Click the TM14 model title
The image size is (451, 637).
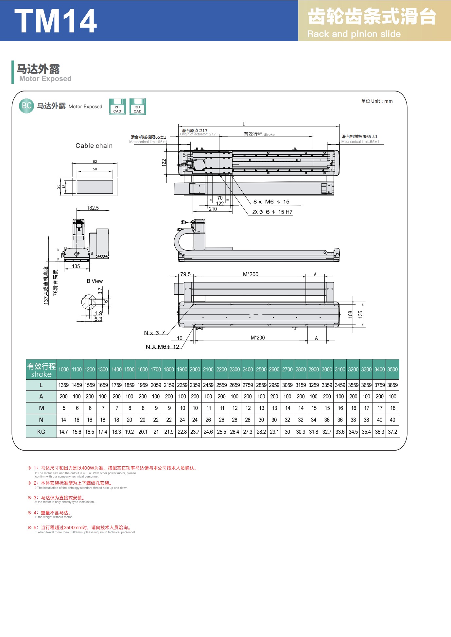[x=56, y=21]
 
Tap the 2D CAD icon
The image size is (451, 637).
[x=117, y=107]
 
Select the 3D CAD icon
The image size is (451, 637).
[x=138, y=107]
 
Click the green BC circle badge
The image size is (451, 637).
[x=26, y=106]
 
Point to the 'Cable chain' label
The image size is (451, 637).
[x=94, y=146]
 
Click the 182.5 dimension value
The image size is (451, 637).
[x=93, y=208]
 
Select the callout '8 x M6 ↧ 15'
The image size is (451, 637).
[x=271, y=202]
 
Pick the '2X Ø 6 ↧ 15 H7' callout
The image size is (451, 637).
[x=272, y=212]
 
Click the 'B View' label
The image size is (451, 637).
[x=95, y=281]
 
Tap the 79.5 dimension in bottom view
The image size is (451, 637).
[x=185, y=274]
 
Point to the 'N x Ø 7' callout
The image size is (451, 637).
[x=155, y=333]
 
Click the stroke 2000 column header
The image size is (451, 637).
[x=195, y=370]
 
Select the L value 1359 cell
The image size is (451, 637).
[x=63, y=385]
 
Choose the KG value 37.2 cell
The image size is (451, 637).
[x=392, y=432]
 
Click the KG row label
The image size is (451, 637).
[x=41, y=432]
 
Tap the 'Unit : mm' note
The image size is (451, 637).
[x=377, y=101]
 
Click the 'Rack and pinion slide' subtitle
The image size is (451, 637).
[x=354, y=34]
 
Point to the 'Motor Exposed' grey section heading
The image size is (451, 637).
[x=45, y=79]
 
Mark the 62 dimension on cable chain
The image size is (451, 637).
[x=95, y=162]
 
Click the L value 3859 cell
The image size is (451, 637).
[x=392, y=385]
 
